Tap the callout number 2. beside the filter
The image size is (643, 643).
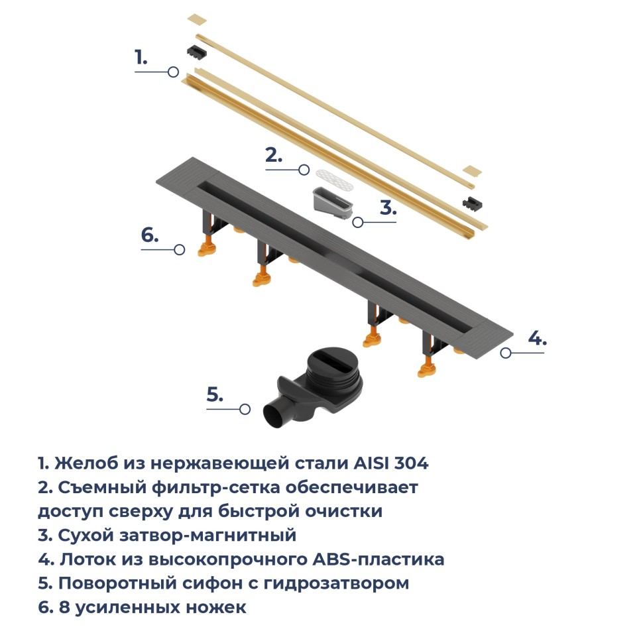(273, 156)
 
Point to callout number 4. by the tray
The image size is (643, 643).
(537, 338)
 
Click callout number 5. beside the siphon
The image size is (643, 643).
(214, 394)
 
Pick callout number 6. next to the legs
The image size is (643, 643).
(150, 235)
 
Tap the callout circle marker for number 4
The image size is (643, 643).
(506, 353)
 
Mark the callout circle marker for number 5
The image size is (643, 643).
(245, 410)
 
